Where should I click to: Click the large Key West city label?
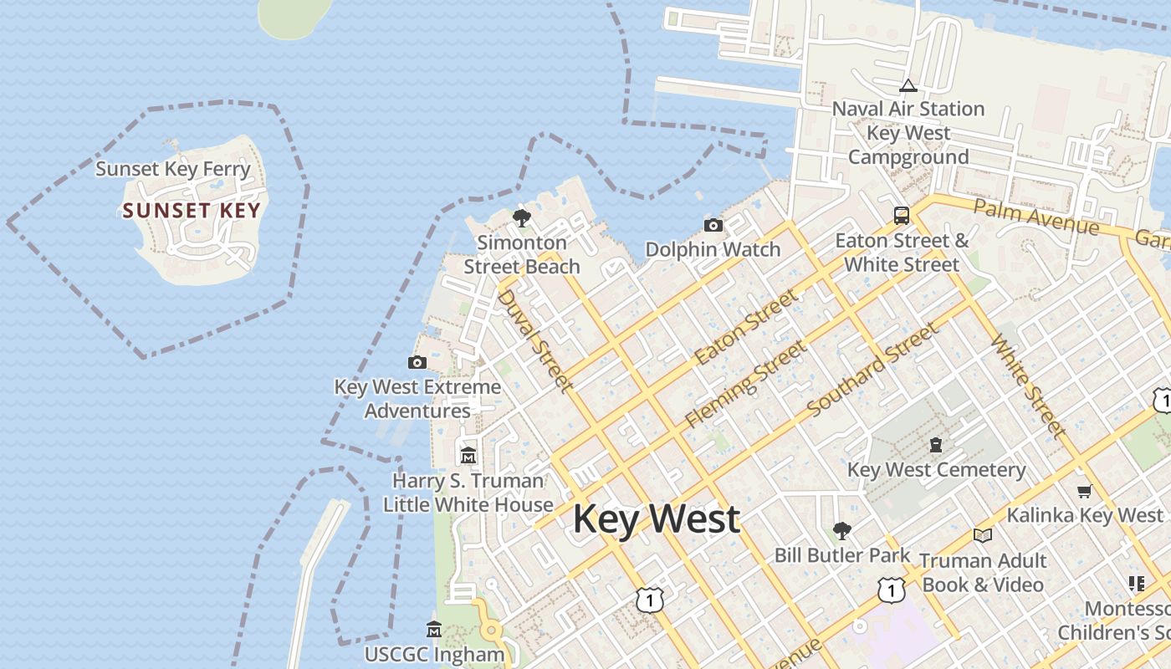[656, 518]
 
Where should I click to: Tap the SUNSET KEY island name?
[192, 210]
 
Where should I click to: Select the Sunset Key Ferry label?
[173, 169]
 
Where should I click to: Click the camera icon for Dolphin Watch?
[713, 225]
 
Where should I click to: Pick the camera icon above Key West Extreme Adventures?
[417, 362]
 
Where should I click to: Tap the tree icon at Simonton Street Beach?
[522, 218]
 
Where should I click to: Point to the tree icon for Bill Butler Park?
[841, 530]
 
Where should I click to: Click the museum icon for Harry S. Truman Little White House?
[468, 456]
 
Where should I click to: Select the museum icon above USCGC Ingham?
[433, 629]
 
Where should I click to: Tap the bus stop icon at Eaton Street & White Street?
[902, 215]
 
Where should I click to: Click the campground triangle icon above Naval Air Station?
[908, 85]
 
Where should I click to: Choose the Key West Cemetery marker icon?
[936, 445]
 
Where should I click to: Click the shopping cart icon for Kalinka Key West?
[1085, 491]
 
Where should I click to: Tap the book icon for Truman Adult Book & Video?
[983, 535]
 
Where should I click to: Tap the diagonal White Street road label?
[1028, 386]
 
